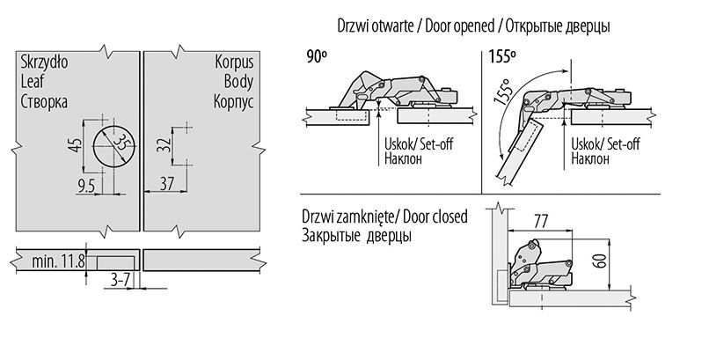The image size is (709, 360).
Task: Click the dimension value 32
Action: coord(163,145)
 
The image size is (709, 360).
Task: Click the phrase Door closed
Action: coord(434,217)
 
